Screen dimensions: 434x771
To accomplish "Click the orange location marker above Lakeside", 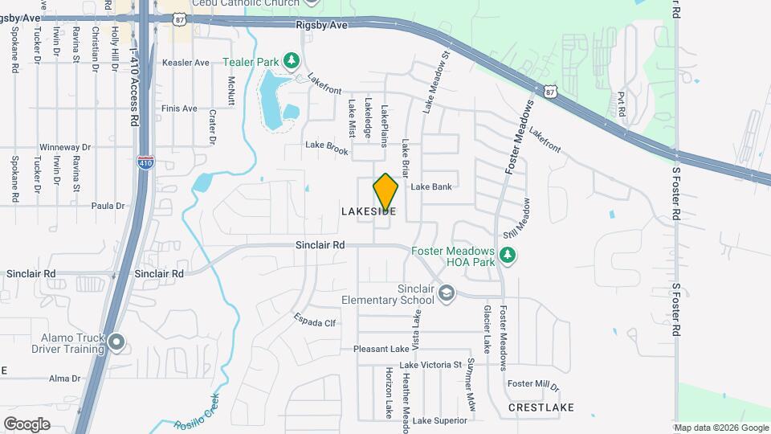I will click(385, 192).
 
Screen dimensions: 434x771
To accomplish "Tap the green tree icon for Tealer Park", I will click(292, 61).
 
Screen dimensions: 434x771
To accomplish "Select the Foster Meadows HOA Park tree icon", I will click(507, 256).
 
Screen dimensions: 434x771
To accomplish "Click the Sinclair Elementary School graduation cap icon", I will click(444, 295).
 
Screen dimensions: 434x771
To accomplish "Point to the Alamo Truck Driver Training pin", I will click(116, 343).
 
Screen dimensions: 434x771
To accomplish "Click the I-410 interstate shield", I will click(145, 162).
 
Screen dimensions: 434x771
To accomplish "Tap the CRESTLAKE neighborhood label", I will click(541, 407).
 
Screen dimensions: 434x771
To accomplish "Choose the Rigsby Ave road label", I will click(321, 25).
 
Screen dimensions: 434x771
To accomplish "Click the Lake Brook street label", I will click(327, 147).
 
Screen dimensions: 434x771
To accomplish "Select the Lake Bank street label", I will click(431, 186).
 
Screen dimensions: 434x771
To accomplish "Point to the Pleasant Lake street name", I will click(381, 349).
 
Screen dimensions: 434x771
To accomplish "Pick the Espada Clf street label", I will click(314, 320).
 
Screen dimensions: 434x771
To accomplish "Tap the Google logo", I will click(27, 424).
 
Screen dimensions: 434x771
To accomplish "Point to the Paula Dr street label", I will click(108, 206).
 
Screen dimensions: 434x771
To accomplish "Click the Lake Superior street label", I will click(440, 420).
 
